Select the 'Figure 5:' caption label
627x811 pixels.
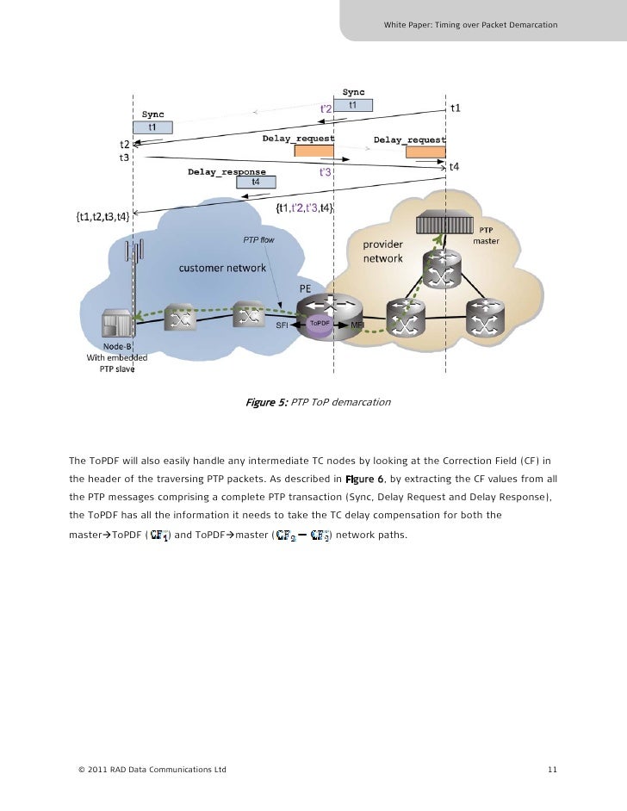(x=266, y=402)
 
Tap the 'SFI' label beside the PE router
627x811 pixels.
(x=282, y=325)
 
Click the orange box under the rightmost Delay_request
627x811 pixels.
(x=425, y=152)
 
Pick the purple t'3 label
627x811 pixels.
(x=326, y=172)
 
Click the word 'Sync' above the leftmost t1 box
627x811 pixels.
(x=153, y=114)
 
